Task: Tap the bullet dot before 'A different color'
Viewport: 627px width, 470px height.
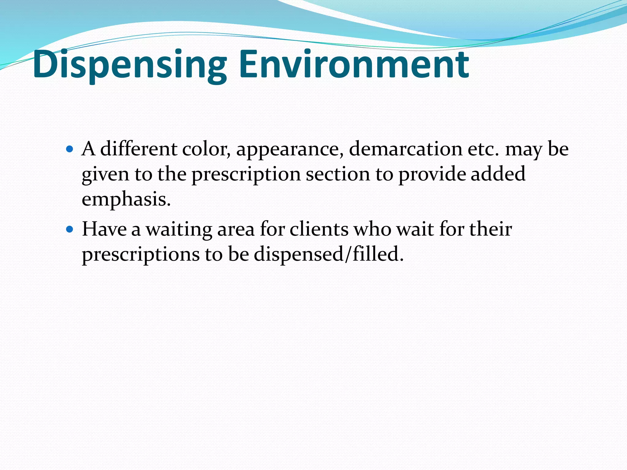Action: (70, 149)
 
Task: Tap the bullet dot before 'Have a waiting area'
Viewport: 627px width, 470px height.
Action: (70, 229)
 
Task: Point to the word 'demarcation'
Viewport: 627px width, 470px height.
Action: (405, 149)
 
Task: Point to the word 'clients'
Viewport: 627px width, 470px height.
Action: (319, 229)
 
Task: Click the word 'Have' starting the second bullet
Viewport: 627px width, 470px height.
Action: (104, 229)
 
